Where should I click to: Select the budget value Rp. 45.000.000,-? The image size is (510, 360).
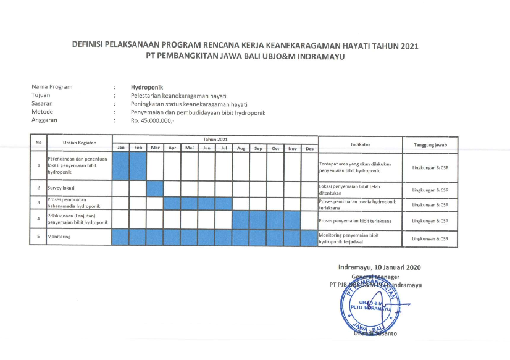pos(153,120)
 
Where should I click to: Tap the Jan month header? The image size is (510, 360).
pos(121,148)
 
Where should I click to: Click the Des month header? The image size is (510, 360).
pos(310,148)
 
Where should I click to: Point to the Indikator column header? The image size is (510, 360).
pos(360,144)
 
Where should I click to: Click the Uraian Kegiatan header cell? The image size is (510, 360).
pos(80,143)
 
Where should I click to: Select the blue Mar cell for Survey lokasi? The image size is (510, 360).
pos(155,188)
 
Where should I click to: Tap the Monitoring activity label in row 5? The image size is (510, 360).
pos(59,237)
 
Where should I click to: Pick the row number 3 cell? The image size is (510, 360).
pos(39,203)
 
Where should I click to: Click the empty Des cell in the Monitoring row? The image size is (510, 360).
pos(310,237)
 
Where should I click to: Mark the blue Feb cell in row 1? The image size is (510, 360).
pos(138,165)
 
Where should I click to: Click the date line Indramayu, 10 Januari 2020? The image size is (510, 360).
pos(379,267)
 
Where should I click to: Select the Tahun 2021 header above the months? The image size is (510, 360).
pos(215,140)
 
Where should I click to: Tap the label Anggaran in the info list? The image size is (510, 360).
pos(44,120)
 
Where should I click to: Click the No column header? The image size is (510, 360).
pos(39,143)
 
